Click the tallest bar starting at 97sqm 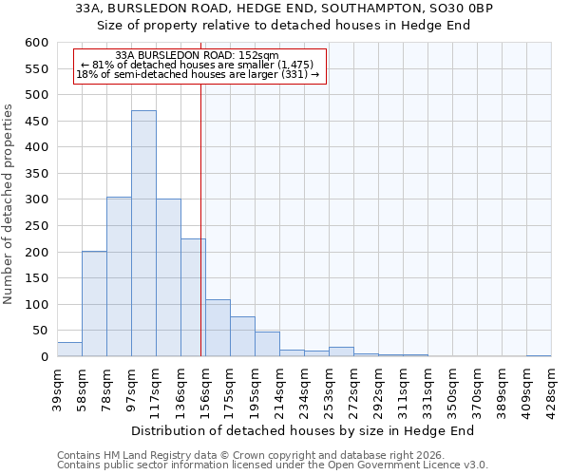tap(143, 234)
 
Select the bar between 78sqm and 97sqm tap(119, 276)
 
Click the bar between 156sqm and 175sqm tap(218, 328)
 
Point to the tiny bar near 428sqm tap(539, 355)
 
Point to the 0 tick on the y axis tap(44, 357)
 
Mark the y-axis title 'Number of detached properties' tap(9, 204)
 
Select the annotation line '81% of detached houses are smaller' tap(197, 65)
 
